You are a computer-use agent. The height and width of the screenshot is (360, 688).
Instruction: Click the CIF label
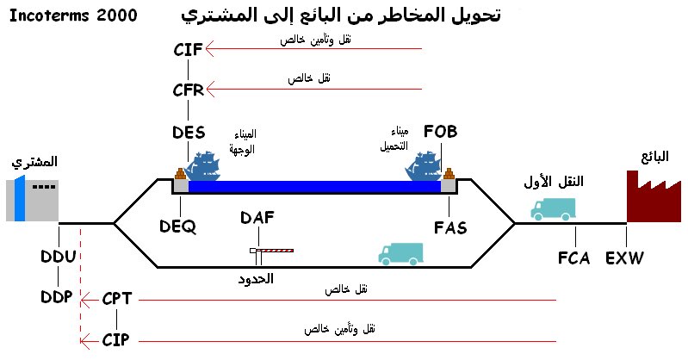tap(188, 49)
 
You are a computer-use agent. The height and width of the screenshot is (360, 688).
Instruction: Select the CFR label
tap(188, 90)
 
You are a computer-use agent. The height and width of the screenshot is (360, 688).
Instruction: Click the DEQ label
tap(178, 227)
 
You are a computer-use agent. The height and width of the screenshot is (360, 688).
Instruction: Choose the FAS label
tap(449, 227)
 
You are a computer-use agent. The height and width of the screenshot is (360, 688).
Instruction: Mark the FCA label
tap(573, 258)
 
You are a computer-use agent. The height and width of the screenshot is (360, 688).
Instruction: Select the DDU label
tap(59, 257)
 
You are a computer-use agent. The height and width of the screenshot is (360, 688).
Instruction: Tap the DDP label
tap(59, 298)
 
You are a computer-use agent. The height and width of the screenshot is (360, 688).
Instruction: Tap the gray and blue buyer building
tap(32, 200)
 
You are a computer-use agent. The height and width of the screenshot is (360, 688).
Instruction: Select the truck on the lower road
tap(401, 252)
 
